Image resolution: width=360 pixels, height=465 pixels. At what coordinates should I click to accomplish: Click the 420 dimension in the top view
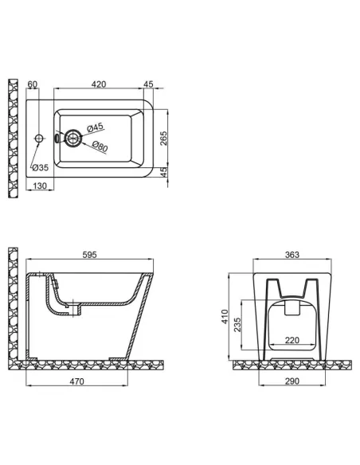click(x=99, y=82)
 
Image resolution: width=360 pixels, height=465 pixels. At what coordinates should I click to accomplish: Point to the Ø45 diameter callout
click(x=95, y=127)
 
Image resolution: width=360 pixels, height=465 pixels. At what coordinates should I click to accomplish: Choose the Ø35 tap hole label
click(x=40, y=167)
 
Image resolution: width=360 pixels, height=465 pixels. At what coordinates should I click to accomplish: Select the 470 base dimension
click(x=76, y=381)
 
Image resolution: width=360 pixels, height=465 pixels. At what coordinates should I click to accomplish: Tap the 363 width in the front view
click(x=292, y=256)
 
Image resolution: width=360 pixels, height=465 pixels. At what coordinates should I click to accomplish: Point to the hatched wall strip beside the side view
click(x=12, y=303)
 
